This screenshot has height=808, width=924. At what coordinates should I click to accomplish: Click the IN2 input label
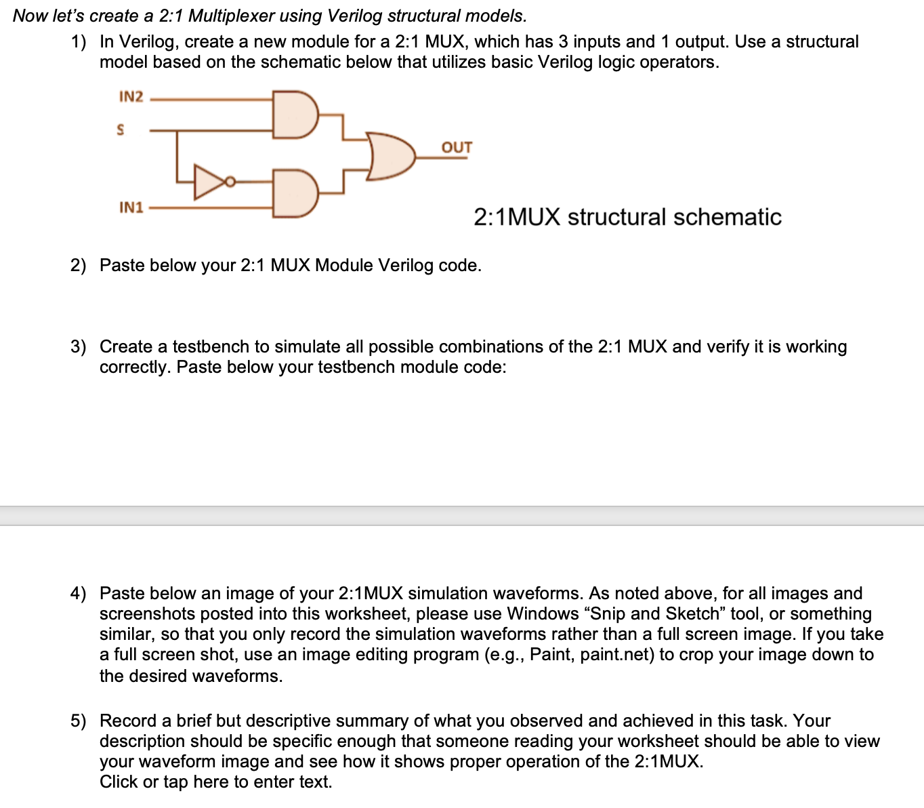[x=131, y=97]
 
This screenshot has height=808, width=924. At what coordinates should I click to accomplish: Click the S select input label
[x=121, y=129]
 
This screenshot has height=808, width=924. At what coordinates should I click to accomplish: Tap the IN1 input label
[x=131, y=207]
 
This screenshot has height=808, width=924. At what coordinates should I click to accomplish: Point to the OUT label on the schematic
[x=457, y=148]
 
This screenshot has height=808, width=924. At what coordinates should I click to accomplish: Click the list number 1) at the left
[x=79, y=42]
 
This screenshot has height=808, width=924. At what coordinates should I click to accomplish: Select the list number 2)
[x=79, y=265]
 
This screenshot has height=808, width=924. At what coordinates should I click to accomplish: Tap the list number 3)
[x=79, y=347]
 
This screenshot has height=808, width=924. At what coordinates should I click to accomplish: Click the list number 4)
[x=79, y=594]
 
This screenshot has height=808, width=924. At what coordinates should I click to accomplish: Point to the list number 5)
[x=79, y=721]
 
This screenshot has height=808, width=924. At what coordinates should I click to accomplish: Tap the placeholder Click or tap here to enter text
[x=216, y=782]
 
